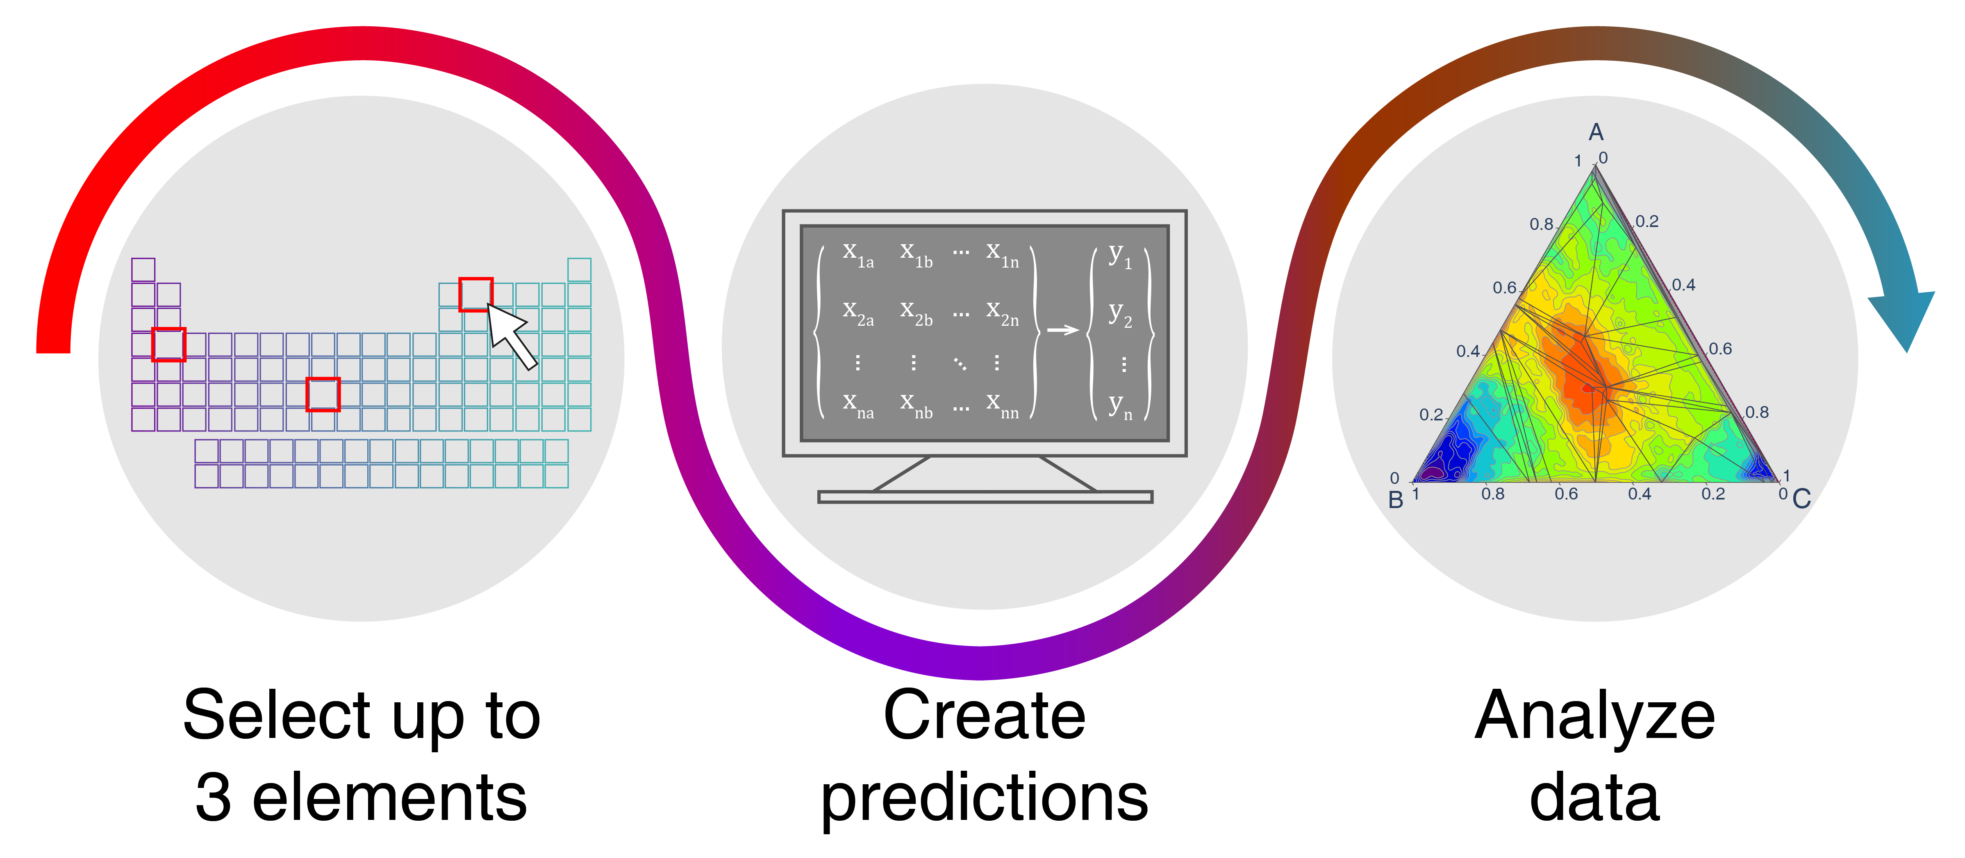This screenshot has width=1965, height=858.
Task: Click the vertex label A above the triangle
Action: (x=1596, y=133)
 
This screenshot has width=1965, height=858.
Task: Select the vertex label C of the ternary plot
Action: (x=1802, y=499)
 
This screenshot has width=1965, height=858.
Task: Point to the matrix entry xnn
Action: (x=1002, y=405)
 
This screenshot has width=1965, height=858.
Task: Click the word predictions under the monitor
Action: (x=984, y=799)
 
